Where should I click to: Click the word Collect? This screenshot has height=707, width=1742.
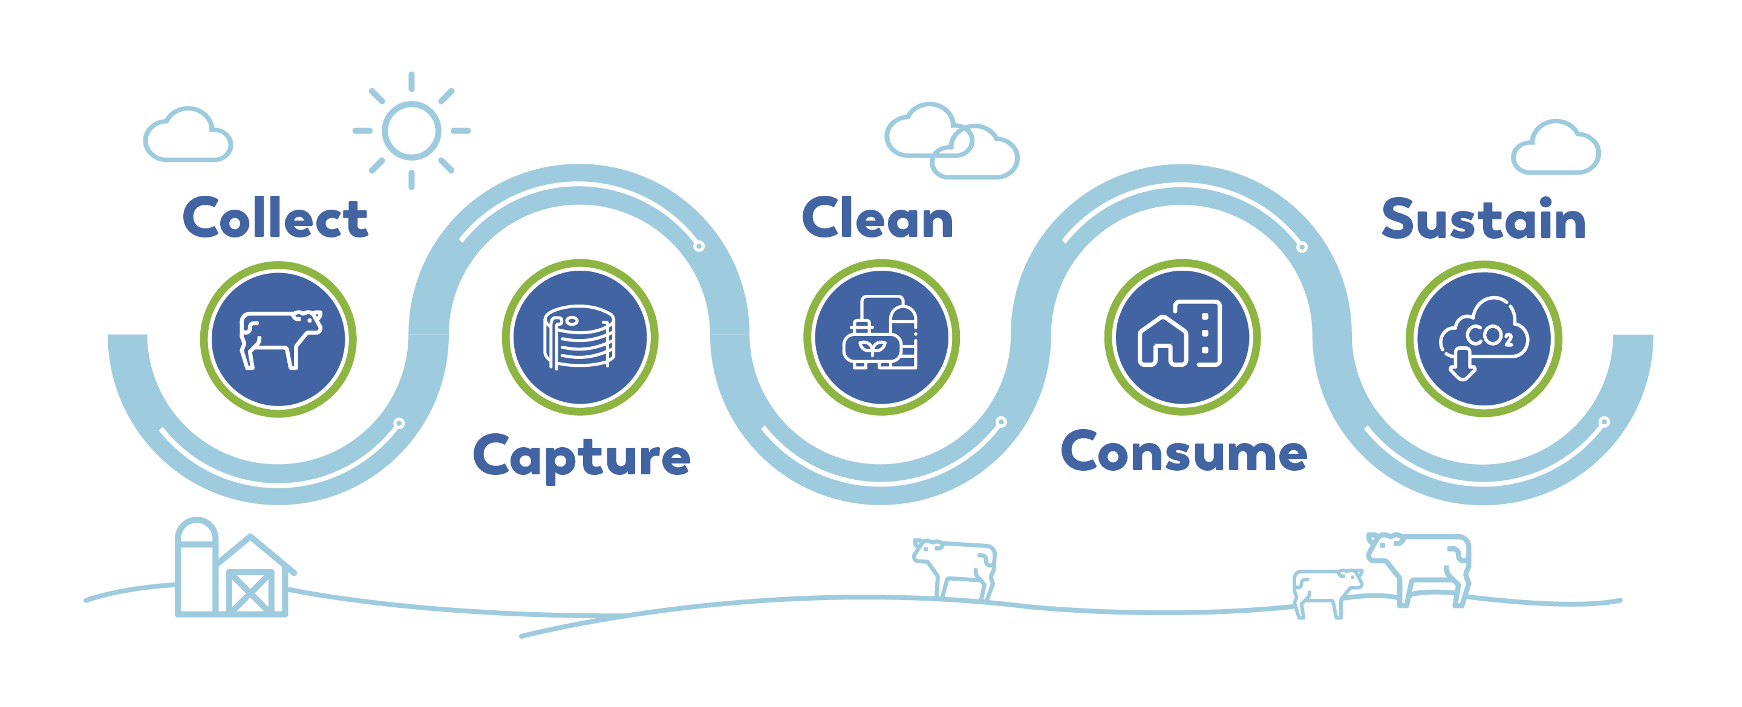(275, 218)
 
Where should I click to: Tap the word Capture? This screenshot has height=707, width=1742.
(581, 457)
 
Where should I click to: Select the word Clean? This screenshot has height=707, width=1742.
(877, 218)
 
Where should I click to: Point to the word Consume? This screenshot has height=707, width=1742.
(1184, 451)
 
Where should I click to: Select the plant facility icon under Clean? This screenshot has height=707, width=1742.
(881, 332)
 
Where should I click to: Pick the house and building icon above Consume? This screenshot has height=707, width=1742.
(1180, 333)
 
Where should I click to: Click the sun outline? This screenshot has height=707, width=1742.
(411, 131)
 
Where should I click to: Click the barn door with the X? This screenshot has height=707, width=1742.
(250, 592)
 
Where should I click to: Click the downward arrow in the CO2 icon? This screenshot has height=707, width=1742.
(1461, 364)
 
